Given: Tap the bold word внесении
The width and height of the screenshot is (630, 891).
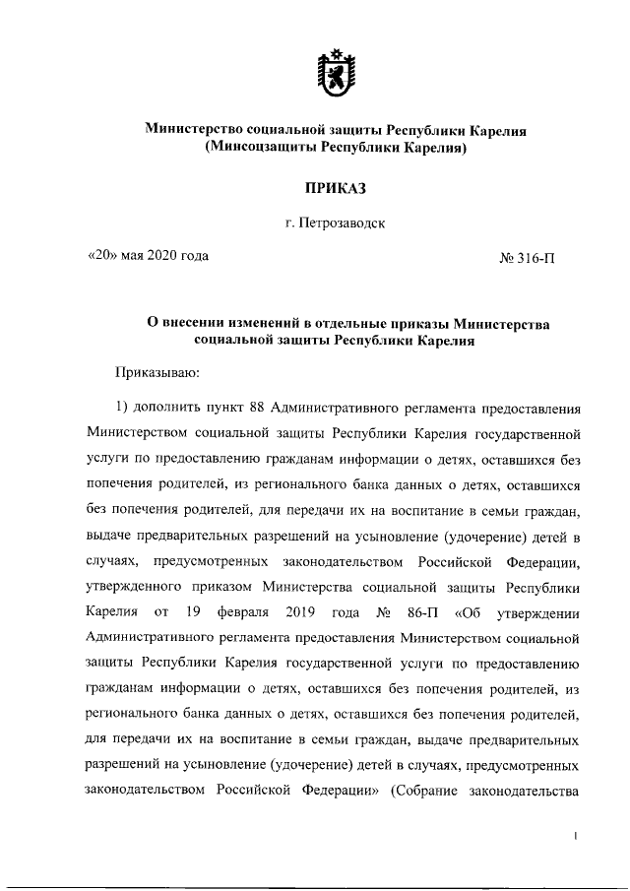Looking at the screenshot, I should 195,323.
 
